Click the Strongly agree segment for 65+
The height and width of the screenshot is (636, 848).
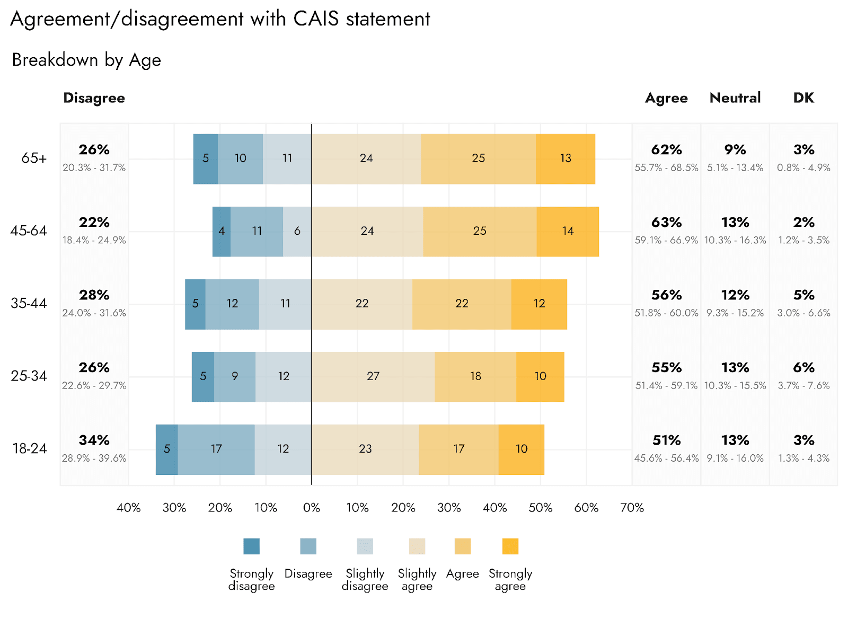click(566, 158)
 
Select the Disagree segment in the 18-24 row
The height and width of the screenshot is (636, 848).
click(216, 449)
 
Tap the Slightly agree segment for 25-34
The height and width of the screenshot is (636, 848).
click(373, 376)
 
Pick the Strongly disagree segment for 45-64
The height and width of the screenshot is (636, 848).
click(222, 231)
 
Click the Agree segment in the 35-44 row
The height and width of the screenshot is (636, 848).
click(462, 304)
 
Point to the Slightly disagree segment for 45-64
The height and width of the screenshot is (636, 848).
click(297, 231)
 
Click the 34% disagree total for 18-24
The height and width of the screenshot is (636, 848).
click(94, 440)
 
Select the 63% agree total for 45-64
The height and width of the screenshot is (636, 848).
click(666, 223)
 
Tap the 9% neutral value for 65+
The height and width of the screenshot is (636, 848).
click(735, 150)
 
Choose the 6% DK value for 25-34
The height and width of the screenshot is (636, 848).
click(803, 368)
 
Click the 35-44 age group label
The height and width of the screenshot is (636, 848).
click(29, 304)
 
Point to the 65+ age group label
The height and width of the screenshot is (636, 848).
click(34, 158)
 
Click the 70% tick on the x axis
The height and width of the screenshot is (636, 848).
click(632, 508)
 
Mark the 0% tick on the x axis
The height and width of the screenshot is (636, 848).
click(312, 508)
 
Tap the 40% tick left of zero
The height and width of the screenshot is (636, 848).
click(128, 508)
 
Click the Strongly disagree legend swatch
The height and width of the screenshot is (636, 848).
click(252, 546)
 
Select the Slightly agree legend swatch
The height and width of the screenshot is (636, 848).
click(417, 546)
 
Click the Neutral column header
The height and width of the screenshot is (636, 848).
click(735, 98)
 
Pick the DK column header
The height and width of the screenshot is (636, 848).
click(803, 98)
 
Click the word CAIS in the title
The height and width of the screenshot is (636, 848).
click(316, 19)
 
